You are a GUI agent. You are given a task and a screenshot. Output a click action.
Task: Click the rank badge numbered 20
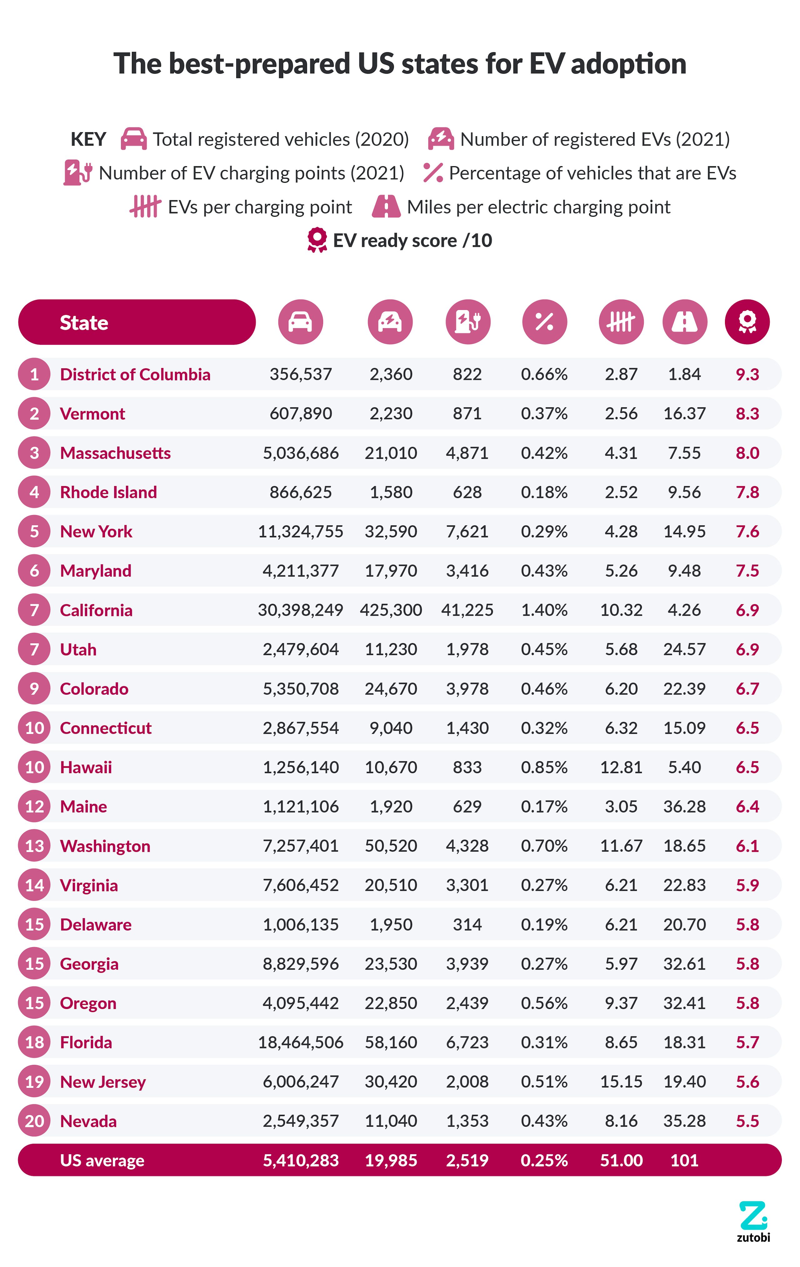[34, 1121]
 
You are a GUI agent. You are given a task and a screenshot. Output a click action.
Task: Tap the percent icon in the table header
[544, 322]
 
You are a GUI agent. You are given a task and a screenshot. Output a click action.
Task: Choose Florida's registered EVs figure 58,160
[391, 1042]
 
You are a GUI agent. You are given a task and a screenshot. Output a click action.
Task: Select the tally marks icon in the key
[145, 207]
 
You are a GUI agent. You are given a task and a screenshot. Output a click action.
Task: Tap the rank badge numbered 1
[34, 374]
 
